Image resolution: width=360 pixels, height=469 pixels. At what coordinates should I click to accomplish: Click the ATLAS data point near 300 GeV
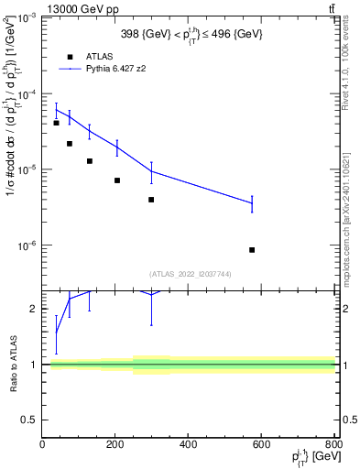(151, 200)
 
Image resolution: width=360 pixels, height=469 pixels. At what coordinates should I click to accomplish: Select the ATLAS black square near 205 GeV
(117, 180)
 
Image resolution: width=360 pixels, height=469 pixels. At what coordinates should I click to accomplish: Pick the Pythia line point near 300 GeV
(151, 171)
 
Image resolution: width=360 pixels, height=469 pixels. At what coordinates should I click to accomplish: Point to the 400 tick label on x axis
(189, 444)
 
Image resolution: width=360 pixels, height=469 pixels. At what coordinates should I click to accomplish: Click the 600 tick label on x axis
(262, 444)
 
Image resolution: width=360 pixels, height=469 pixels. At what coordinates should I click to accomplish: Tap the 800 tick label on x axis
(333, 444)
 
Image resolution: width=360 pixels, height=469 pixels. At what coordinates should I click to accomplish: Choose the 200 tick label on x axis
(115, 444)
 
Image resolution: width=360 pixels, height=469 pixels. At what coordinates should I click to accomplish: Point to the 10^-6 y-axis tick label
(27, 245)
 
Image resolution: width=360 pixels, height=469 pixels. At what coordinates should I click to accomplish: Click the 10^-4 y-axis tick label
(27, 94)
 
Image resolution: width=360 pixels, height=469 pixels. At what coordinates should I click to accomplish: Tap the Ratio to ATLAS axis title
(12, 365)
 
